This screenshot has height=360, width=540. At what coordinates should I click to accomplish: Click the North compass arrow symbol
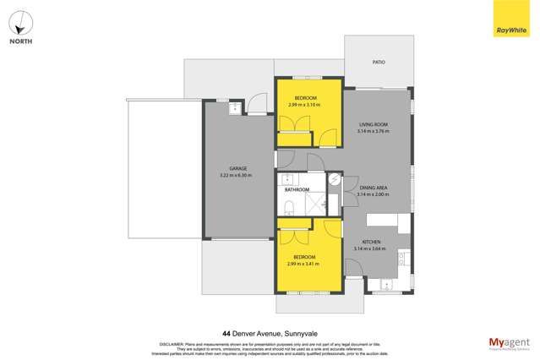pos(21,23)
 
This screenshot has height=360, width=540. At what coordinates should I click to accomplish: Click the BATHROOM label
pos(296,189)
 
